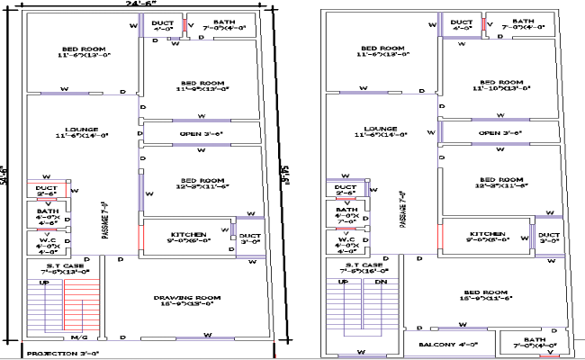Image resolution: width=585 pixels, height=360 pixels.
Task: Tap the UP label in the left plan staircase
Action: click(42, 283)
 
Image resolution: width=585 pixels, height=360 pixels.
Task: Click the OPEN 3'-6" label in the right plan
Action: click(499, 133)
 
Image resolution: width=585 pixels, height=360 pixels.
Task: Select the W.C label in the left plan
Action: click(47, 243)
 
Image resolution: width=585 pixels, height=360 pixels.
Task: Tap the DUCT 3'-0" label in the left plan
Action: click(248, 238)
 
